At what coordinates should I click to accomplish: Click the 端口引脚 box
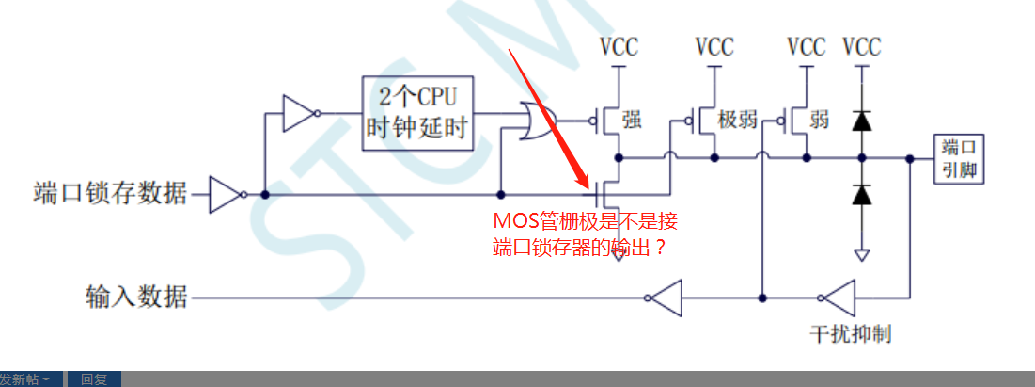958,159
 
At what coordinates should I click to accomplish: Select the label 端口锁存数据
109,195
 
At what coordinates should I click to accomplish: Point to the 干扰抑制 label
850,333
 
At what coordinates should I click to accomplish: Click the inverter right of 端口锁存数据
227,195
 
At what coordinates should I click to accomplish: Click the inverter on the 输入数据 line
664,298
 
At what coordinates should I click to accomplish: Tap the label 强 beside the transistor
632,120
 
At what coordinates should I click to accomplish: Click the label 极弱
738,120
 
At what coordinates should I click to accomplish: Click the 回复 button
94,379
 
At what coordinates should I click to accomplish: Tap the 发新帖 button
28,379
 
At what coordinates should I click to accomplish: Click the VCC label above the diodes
861,46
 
